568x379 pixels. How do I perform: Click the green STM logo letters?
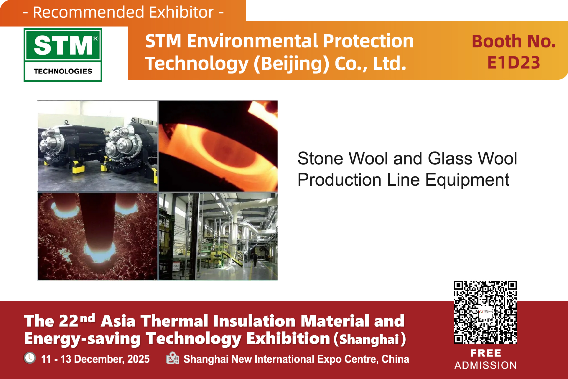click(63, 45)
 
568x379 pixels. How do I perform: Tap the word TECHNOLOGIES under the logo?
click(63, 71)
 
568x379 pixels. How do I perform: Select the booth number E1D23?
click(513, 63)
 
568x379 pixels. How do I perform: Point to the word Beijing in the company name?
click(291, 64)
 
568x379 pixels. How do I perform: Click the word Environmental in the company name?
click(252, 41)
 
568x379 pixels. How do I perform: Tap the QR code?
click(485, 312)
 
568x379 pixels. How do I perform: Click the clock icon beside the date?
click(30, 358)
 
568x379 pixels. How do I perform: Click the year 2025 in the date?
click(138, 359)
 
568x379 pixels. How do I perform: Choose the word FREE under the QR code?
click(485, 353)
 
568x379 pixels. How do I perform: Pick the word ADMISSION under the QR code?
click(485, 365)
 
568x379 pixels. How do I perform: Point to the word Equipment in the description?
click(467, 180)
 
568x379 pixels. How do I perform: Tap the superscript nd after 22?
click(88, 318)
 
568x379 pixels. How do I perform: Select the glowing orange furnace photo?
click(218, 146)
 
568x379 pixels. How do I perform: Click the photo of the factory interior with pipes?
click(218, 236)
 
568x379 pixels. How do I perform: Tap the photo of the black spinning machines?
click(98, 146)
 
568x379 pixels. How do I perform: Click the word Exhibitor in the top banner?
click(181, 12)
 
